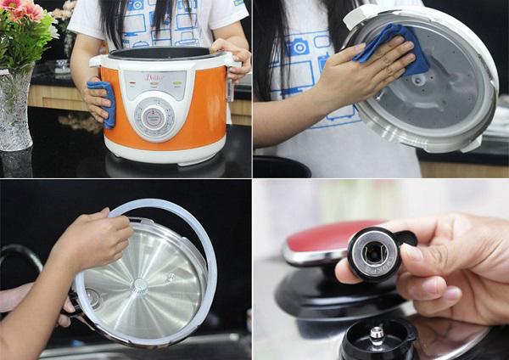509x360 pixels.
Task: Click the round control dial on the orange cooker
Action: [x=154, y=119]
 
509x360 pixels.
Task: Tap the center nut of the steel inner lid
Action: [x=138, y=286]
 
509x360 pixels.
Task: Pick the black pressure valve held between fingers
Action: [x=374, y=252]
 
